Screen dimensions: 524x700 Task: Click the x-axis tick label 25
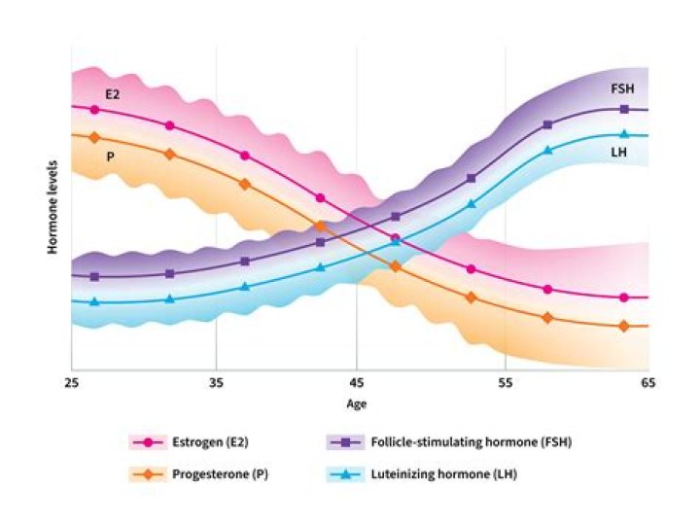click(72, 383)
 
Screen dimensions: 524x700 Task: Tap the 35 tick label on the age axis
click(216, 383)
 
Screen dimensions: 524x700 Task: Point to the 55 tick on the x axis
click(504, 383)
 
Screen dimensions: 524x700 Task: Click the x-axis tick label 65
click(647, 383)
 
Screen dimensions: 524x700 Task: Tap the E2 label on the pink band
click(112, 93)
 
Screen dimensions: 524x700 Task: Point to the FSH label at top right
click(622, 88)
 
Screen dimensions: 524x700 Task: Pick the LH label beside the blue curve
click(618, 152)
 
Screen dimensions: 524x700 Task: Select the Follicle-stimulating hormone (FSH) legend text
click(471, 442)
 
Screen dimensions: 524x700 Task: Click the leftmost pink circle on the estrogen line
click(94, 109)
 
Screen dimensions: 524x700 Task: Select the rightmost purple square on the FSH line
click(624, 109)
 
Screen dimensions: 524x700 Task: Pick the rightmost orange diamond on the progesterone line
click(624, 326)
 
